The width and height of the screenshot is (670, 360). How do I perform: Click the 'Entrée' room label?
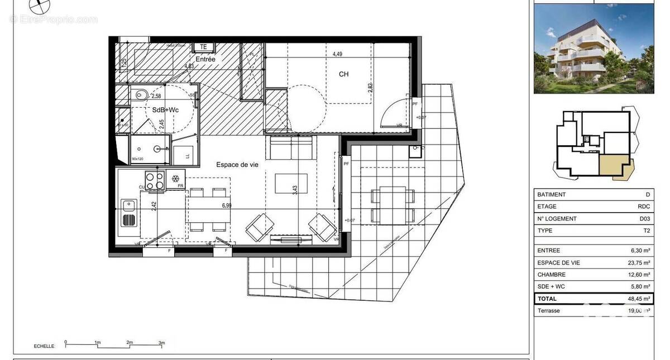(x=205, y=59)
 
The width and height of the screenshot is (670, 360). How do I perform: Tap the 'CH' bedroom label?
(x=343, y=74)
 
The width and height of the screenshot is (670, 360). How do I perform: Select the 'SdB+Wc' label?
(x=165, y=110)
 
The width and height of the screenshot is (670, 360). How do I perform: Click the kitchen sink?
(x=128, y=213)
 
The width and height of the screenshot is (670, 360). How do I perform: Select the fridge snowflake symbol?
(x=175, y=179)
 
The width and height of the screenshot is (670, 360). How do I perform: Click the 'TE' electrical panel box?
(x=204, y=47)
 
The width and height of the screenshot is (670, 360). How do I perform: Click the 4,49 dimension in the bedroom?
(x=337, y=54)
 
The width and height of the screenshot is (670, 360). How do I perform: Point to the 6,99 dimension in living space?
(x=227, y=205)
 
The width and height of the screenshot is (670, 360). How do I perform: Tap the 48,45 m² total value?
(x=639, y=299)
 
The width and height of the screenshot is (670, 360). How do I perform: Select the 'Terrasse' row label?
(x=549, y=310)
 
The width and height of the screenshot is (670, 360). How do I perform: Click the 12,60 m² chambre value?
(x=639, y=275)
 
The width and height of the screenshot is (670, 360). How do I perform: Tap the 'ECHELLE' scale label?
(x=45, y=346)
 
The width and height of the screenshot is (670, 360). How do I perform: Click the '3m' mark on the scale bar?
(x=161, y=342)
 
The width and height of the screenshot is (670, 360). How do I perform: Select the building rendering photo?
(x=594, y=49)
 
